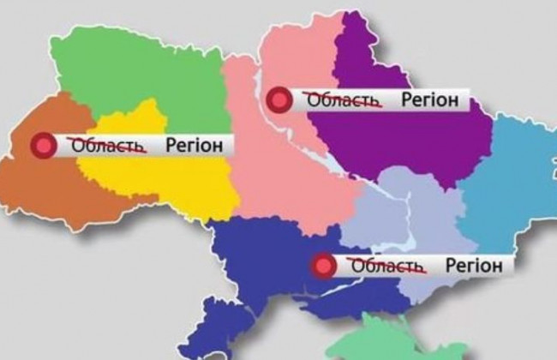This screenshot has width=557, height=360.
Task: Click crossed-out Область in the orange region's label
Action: click(x=107, y=146)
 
